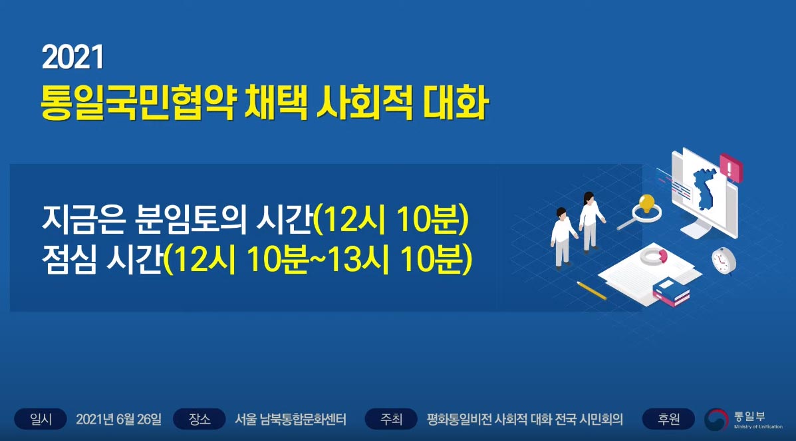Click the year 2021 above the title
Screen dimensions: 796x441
(x=73, y=57)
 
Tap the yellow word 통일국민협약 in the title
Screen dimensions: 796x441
(x=138, y=103)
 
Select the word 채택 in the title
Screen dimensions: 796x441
(x=275, y=103)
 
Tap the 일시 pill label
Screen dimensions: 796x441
(x=41, y=419)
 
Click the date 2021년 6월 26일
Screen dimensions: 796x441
(x=119, y=419)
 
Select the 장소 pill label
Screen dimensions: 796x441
(x=199, y=419)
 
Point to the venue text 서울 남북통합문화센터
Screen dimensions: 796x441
(x=291, y=419)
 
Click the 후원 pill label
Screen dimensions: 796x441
(x=668, y=419)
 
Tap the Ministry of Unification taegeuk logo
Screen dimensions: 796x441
(x=716, y=420)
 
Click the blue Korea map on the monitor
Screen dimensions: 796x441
(x=705, y=189)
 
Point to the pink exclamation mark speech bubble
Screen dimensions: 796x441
(x=731, y=167)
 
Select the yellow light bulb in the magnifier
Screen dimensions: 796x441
(x=647, y=203)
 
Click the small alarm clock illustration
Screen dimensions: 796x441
(x=724, y=260)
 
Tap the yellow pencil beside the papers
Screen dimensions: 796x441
(x=592, y=290)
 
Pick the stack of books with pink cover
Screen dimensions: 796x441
(x=671, y=292)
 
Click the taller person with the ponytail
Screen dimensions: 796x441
(x=590, y=222)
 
